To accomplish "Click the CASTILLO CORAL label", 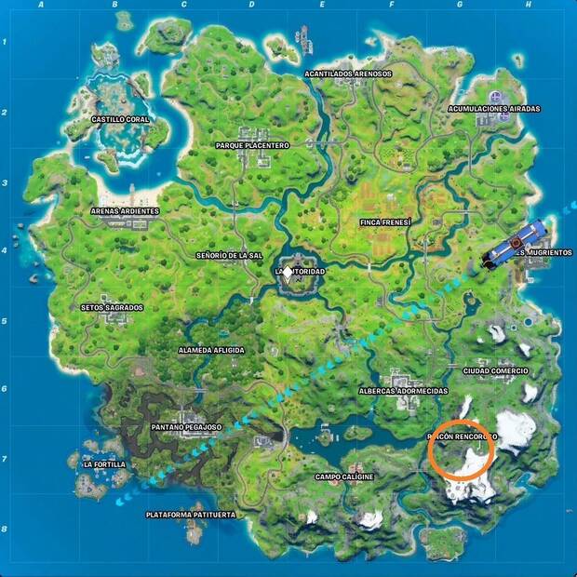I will [x=120, y=119].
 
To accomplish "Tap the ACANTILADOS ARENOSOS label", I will [x=349, y=74].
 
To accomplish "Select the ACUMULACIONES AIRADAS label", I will [x=493, y=109].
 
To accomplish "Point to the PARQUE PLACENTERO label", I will [x=253, y=145].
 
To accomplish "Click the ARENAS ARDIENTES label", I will [x=124, y=211].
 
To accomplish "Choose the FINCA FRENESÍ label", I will [x=385, y=222].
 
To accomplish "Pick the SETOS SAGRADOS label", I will [x=113, y=307].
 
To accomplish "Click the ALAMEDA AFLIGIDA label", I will [x=211, y=350].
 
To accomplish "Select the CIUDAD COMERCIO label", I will [x=495, y=370].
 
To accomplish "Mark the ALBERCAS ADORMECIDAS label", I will [x=403, y=392].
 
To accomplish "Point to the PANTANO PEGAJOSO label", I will [x=186, y=427].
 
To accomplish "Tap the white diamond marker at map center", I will [x=288, y=272].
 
